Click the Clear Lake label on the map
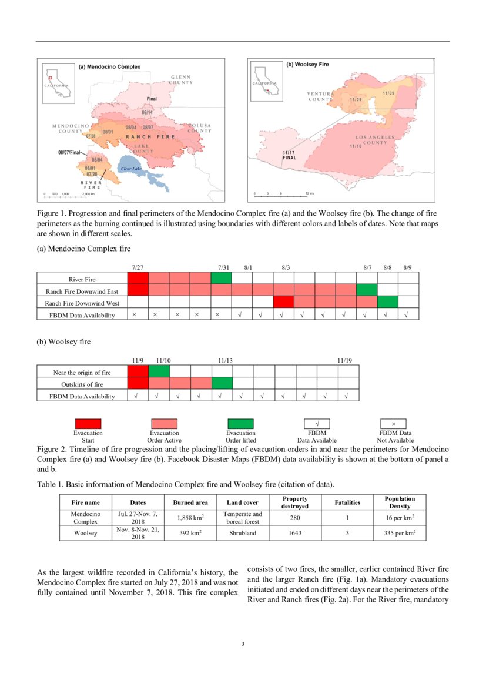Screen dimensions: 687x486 [131, 169]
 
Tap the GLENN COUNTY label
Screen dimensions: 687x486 [181, 79]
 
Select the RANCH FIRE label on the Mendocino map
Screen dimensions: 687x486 [150, 136]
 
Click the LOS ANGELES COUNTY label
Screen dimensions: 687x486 [371, 140]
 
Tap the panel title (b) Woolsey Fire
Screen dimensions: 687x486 [307, 64]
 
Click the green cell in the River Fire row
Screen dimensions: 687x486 [222, 279]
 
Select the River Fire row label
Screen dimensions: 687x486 [82, 280]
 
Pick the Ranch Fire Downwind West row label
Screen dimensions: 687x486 [82, 303]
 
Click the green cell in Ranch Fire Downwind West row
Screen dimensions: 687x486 [387, 302]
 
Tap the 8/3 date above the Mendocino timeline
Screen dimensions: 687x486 [286, 267]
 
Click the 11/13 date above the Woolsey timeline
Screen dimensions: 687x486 [225, 360]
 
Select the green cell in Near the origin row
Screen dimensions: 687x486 [159, 371]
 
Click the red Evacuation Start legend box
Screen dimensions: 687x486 [88, 424]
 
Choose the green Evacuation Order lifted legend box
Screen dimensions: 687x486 [240, 424]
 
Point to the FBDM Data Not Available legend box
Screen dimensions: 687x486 [393, 424]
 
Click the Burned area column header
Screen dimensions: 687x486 [190, 502]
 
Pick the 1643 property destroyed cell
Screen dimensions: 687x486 [295, 533]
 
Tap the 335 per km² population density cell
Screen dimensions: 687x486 [399, 533]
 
